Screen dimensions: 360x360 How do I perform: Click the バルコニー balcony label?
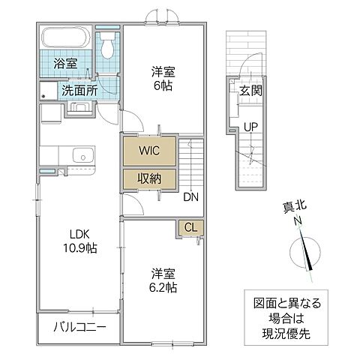[79, 328]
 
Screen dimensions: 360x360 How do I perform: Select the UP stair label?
[250, 126]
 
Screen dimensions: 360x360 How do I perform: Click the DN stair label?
[190, 197]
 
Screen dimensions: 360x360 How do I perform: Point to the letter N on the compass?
[298, 220]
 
